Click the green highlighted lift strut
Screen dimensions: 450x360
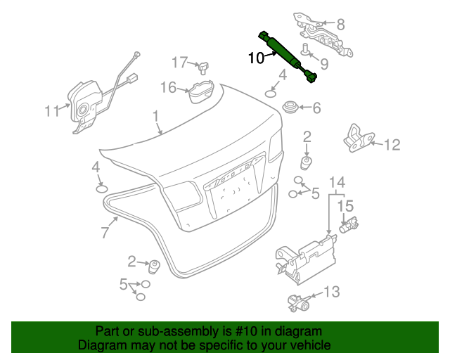click(x=287, y=56)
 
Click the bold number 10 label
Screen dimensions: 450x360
click(x=257, y=58)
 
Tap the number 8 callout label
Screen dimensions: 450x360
click(x=341, y=24)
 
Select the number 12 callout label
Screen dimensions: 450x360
click(x=392, y=146)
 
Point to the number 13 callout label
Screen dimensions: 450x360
click(x=331, y=291)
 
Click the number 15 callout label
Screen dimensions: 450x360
click(x=345, y=206)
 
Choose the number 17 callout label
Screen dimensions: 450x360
click(x=180, y=62)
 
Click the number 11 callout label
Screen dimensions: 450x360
click(x=52, y=110)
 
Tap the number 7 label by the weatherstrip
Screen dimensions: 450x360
click(x=104, y=233)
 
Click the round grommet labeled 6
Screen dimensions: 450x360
click(x=290, y=108)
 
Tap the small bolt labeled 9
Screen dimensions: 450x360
click(x=307, y=49)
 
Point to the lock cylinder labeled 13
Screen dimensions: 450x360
click(x=298, y=303)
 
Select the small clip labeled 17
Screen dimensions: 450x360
click(x=203, y=67)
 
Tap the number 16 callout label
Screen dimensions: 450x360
click(x=168, y=87)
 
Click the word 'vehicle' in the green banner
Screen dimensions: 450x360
click(x=307, y=345)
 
